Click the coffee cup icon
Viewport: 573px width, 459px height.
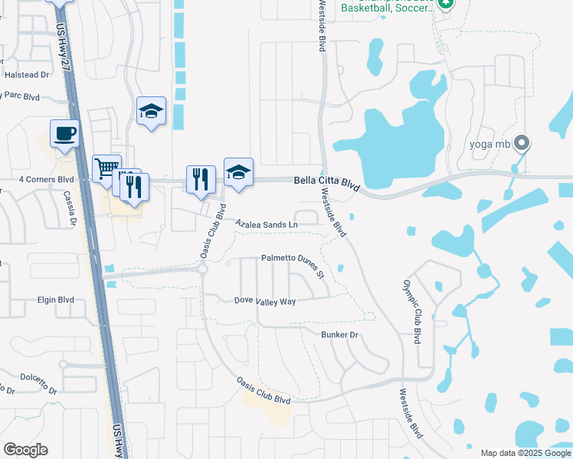coord(64,134)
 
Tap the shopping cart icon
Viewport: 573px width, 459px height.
coord(106,168)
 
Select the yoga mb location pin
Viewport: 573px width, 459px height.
coord(522,143)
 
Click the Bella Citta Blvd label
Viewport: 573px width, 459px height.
coord(327,182)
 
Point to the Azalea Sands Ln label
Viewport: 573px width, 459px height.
coord(266,224)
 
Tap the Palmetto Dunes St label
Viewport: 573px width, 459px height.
coord(294,259)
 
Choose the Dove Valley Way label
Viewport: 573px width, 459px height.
coord(265,301)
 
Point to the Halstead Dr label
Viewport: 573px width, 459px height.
coord(27,75)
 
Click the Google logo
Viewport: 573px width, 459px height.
coord(25,449)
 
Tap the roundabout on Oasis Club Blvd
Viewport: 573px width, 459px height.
coord(203,269)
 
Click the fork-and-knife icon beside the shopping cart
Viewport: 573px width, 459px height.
coord(134,185)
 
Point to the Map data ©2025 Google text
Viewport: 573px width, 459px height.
coord(526,453)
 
